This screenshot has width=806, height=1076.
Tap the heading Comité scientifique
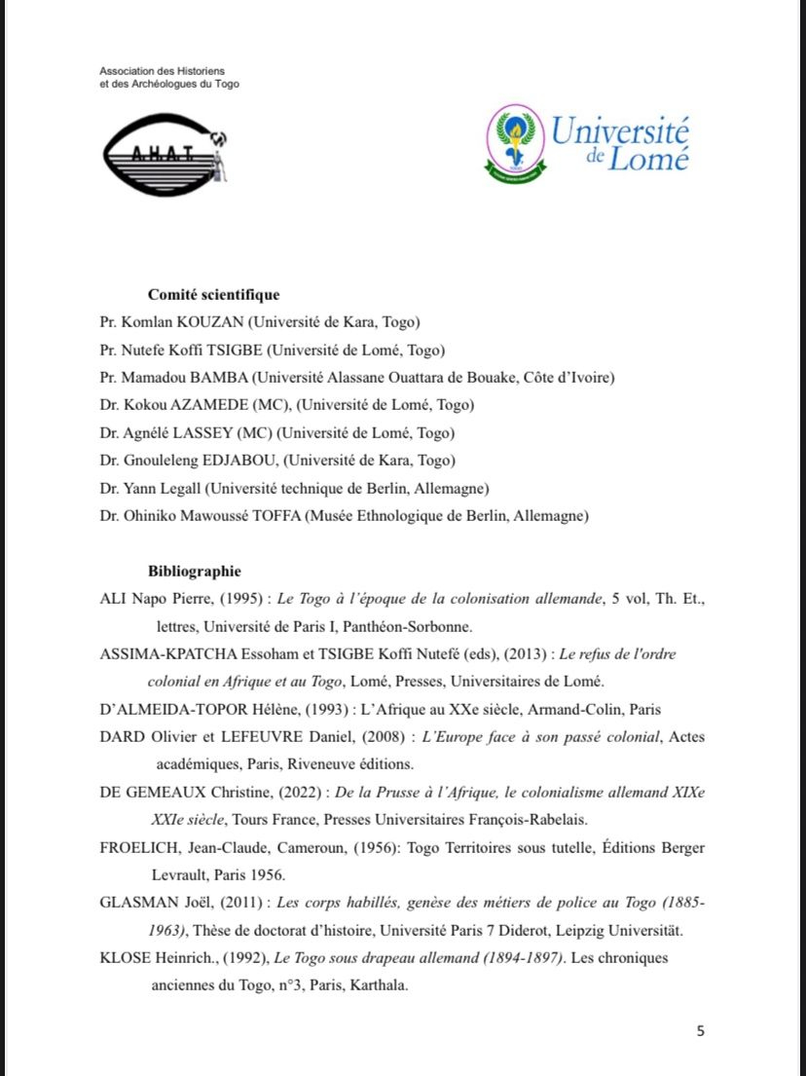coord(213,295)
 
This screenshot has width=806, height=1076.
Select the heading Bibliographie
coord(194,572)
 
